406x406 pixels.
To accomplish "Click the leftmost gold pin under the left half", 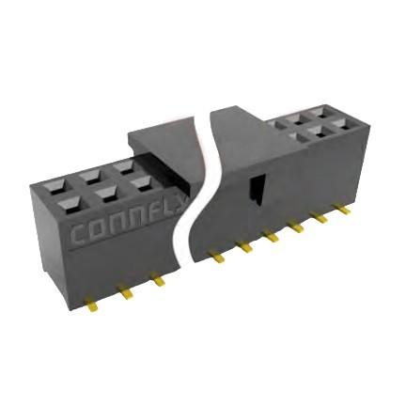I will point(91,303).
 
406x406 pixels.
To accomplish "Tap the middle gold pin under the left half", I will point(125,292).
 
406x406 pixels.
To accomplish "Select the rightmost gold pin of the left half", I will point(158,280).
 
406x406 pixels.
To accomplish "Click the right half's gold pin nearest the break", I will point(216,257).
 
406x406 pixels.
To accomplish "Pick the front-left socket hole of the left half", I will point(68,200).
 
